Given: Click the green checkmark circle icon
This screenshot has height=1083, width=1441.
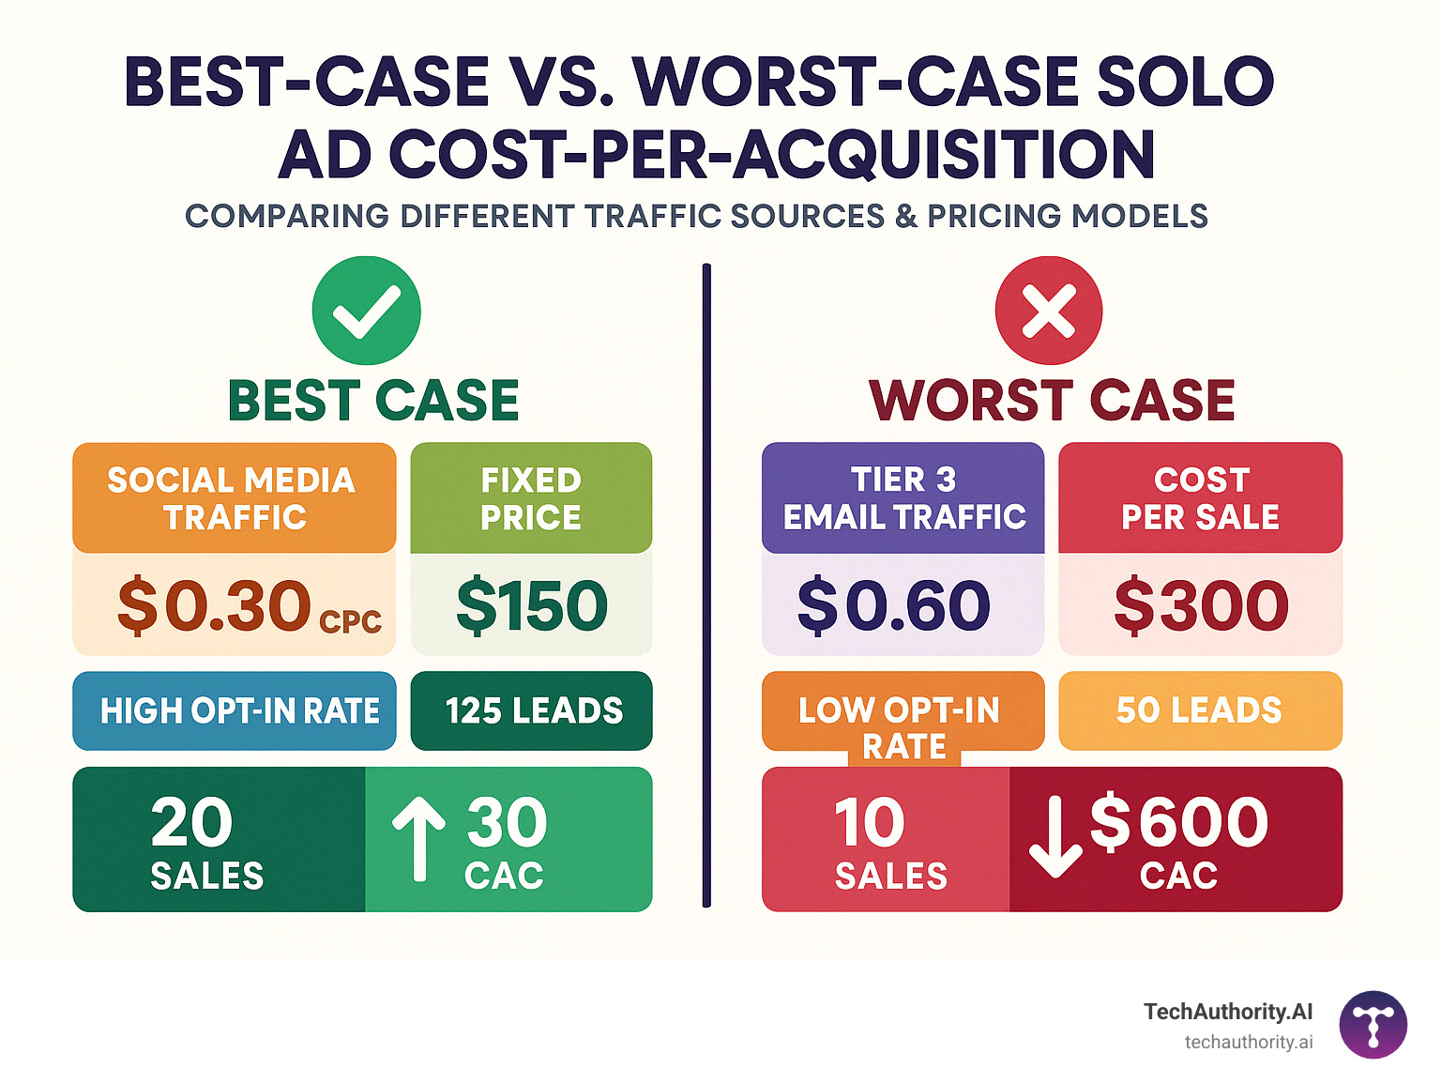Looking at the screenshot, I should [x=366, y=311].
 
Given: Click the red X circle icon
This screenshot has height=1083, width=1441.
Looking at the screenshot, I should [x=1049, y=311].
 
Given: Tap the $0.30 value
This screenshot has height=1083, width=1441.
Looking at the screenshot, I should [x=214, y=605].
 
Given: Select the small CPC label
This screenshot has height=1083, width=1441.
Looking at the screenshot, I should [x=351, y=622].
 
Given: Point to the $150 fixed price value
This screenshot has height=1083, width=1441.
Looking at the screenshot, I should [x=532, y=605].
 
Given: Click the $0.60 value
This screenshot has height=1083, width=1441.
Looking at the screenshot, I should [x=893, y=605].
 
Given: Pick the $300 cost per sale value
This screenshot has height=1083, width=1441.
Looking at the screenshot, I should [x=1201, y=605].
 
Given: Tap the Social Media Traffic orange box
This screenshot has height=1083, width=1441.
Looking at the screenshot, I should [x=234, y=497].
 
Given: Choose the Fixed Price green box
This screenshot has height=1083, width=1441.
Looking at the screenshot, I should [x=531, y=497].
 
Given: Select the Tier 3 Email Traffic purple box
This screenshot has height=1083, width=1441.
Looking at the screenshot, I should [x=903, y=497].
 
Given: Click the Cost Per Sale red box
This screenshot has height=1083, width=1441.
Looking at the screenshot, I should [x=1200, y=497].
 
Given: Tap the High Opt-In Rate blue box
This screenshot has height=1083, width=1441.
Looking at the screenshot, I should [x=235, y=710].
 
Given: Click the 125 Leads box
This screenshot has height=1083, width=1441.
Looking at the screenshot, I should [x=532, y=710].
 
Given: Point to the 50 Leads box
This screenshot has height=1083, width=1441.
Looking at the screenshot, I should [x=1200, y=710].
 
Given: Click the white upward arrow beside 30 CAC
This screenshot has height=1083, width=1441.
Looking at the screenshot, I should [x=418, y=839].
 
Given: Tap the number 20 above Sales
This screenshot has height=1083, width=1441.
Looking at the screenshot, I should [x=191, y=822].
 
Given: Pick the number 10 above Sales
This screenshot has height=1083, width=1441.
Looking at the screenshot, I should [x=869, y=822].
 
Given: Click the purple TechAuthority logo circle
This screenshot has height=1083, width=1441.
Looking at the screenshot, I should [x=1373, y=1025].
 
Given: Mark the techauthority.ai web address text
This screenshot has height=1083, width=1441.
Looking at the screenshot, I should [x=1248, y=1042].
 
